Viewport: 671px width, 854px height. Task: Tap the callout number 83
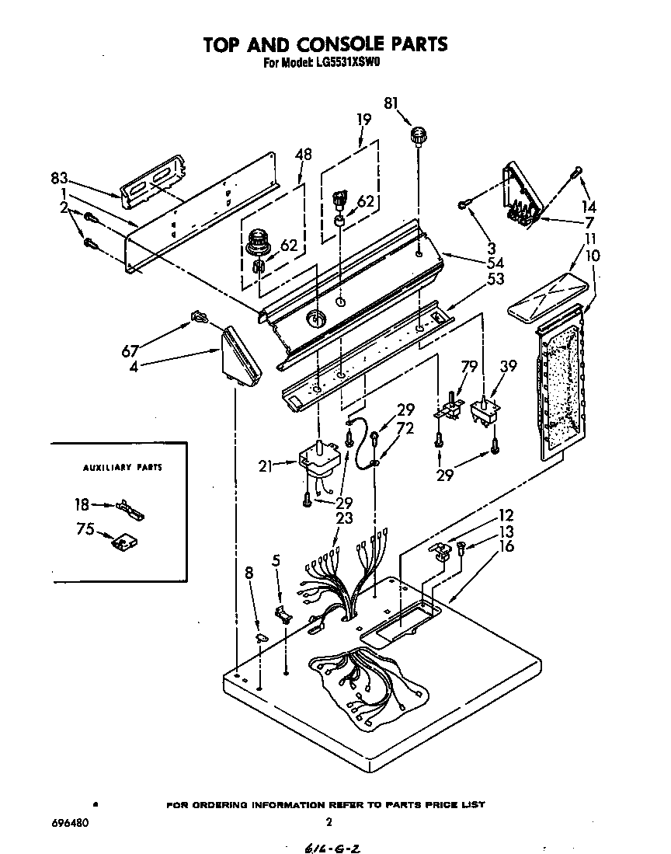pyautogui.click(x=61, y=176)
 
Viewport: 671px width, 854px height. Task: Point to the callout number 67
pyautogui.click(x=130, y=351)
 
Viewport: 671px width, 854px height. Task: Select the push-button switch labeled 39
pyautogui.click(x=484, y=413)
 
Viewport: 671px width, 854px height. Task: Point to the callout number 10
pyautogui.click(x=592, y=256)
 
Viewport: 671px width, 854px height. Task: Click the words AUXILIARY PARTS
pyautogui.click(x=122, y=468)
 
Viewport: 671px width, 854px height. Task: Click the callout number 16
pyautogui.click(x=506, y=546)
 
